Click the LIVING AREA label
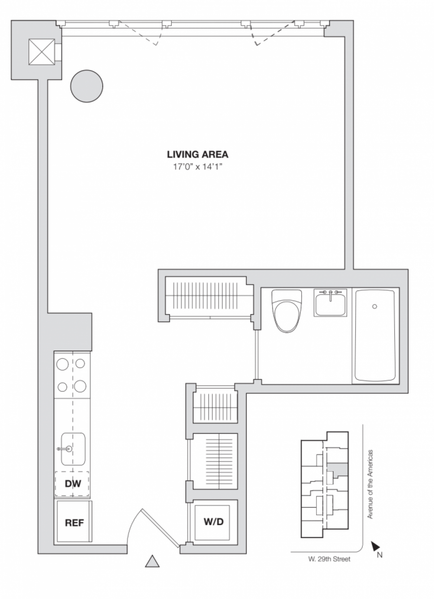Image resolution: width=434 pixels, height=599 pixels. coord(197,155)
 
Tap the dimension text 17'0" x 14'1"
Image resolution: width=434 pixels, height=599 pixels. coord(197,167)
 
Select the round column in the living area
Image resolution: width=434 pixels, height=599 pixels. coord(87,86)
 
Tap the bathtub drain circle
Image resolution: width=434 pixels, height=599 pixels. coord(375,306)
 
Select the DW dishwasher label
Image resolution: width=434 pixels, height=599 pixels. coord(73,483)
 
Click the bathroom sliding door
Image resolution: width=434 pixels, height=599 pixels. coord(256,355)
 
